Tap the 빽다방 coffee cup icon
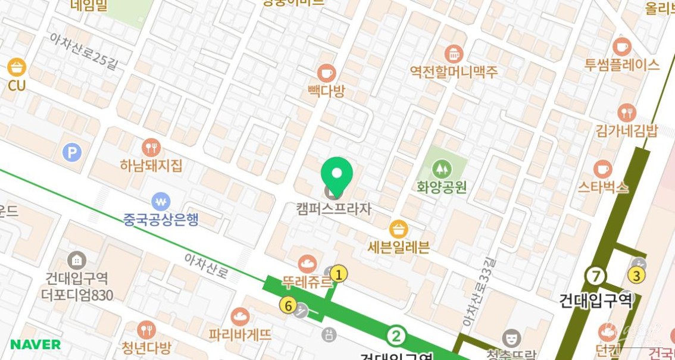pyautogui.click(x=326, y=73)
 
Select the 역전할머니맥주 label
pyautogui.click(x=454, y=72)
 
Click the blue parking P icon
pyautogui.click(x=71, y=154)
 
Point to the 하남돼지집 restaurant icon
pyautogui.click(x=151, y=147)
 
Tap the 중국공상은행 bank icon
pyautogui.click(x=161, y=201)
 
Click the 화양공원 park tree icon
pyautogui.click(x=441, y=169)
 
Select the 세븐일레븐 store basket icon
pyautogui.click(x=398, y=228)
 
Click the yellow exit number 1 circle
pyautogui.click(x=339, y=274)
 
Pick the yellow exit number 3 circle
pyautogui.click(x=636, y=276)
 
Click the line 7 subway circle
pyautogui.click(x=595, y=276)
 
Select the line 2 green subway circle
pyautogui.click(x=395, y=336)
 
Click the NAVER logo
pyautogui.click(x=35, y=345)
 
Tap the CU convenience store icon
pyautogui.click(x=17, y=67)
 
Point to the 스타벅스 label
pyautogui.click(x=603, y=187)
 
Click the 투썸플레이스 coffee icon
pyautogui.click(x=622, y=46)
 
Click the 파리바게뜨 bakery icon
pyautogui.click(x=240, y=317)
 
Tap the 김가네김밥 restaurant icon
pyautogui.click(x=627, y=112)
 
